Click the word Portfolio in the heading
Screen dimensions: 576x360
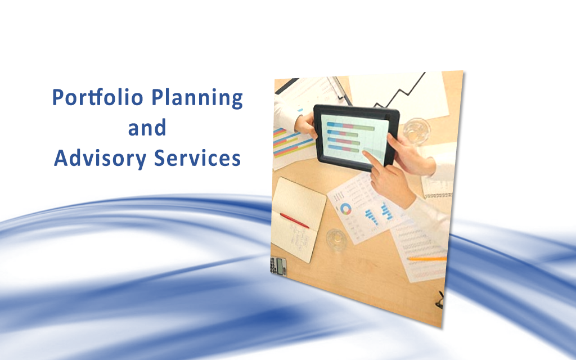pos(98,97)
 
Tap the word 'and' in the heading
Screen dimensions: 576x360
pos(147,128)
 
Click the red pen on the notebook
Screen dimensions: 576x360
pos(294,220)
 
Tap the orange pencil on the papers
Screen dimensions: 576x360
pos(427,259)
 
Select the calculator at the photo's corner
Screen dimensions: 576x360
pos(278,265)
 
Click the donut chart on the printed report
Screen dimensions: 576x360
pos(345,209)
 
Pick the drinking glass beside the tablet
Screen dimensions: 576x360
pos(417,130)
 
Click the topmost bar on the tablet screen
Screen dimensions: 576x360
pos(350,126)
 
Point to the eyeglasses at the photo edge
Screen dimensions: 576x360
pos(440,300)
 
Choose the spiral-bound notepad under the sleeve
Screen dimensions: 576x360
pos(437,187)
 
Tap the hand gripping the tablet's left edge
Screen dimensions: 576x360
pos(305,125)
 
